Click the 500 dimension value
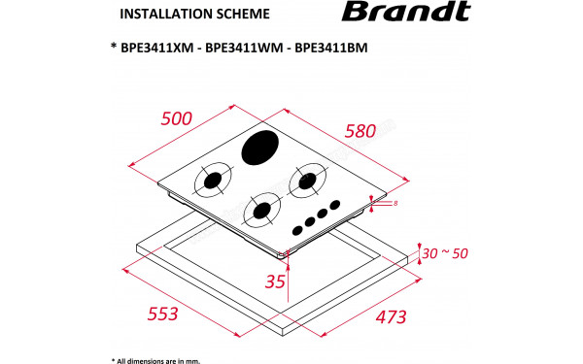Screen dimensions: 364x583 177,119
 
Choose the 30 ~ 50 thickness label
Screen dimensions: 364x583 446,253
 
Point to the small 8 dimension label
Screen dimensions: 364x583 395,204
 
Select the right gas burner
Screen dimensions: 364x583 309,180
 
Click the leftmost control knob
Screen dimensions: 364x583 297,229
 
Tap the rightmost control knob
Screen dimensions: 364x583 335,205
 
